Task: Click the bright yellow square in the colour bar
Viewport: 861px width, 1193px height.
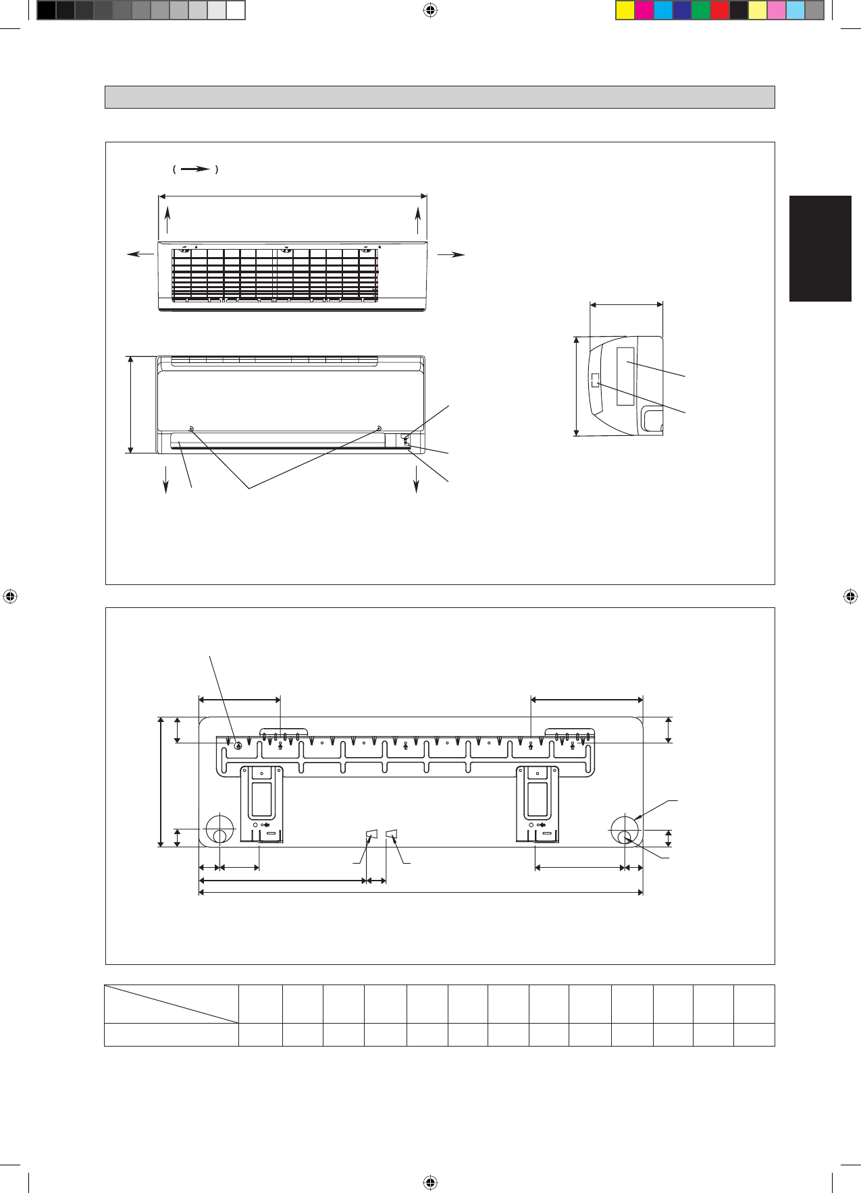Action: [x=625, y=11]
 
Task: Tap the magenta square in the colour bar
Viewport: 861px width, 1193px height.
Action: [x=644, y=11]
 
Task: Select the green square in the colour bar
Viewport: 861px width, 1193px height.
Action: [x=701, y=11]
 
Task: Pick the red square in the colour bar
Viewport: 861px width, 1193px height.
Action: [x=720, y=11]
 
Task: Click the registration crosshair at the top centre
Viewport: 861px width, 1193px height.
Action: [x=430, y=10]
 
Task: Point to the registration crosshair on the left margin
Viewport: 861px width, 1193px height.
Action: [x=10, y=596]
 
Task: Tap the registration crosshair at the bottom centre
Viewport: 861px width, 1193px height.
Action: [x=430, y=1182]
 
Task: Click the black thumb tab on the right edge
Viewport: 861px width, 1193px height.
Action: [x=820, y=248]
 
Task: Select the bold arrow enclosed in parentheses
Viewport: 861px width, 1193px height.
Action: [x=195, y=169]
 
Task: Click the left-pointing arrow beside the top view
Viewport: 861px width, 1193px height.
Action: [x=140, y=254]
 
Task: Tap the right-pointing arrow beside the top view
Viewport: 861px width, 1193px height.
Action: [x=452, y=254]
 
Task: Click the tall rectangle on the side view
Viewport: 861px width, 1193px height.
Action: [x=625, y=377]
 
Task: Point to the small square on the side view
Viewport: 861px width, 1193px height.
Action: [x=595, y=380]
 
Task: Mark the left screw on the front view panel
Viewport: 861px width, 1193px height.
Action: [x=191, y=429]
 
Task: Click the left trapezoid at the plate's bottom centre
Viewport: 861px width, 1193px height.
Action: [x=370, y=836]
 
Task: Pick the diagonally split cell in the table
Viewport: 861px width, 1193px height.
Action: [x=172, y=1004]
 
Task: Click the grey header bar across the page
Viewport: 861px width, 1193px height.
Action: [x=440, y=97]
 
